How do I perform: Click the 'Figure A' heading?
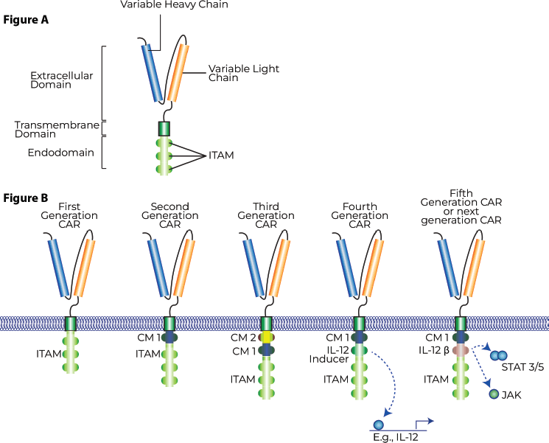[26, 20]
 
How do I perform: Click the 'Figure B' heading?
[26, 198]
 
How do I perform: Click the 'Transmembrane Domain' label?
[57, 130]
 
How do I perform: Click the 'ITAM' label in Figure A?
[221, 156]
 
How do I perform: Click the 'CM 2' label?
[242, 337]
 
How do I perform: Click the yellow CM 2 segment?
[266, 337]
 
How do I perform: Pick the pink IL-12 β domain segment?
[461, 352]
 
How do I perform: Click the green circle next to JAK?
[493, 396]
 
